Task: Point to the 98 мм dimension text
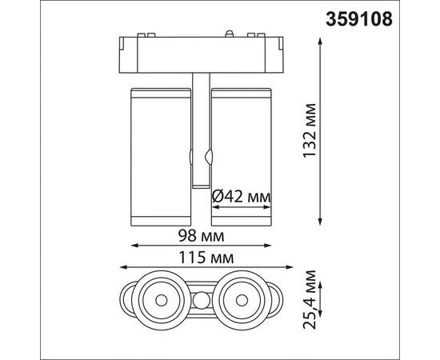click(x=200, y=237)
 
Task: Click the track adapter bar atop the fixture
click(x=200, y=53)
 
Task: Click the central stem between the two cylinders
click(x=200, y=128)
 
